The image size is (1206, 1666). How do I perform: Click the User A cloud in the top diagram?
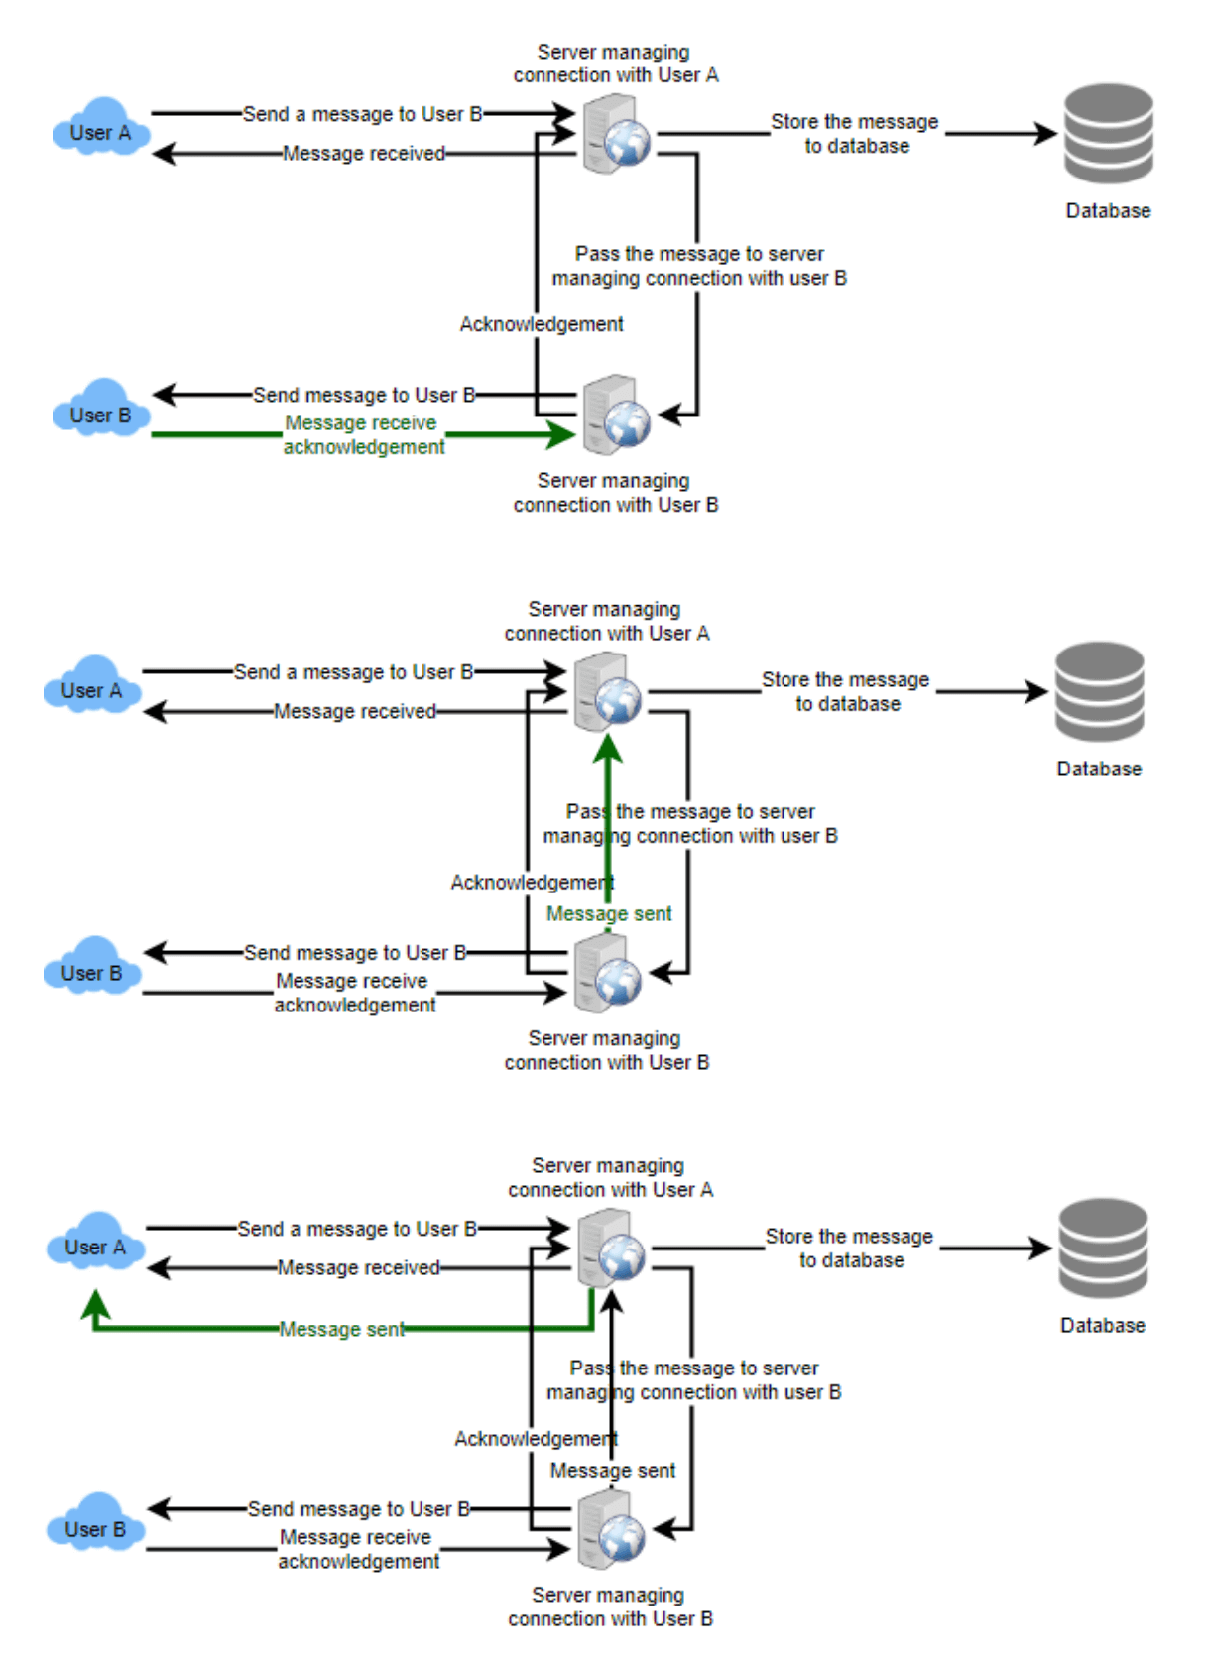coord(100,130)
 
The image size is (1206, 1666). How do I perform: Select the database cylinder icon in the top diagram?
coord(1108,134)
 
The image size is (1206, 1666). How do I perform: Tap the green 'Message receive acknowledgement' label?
coord(363,435)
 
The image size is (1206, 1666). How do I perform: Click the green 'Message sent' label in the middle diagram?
coord(609,914)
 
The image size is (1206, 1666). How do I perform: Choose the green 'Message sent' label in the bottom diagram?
coord(341,1329)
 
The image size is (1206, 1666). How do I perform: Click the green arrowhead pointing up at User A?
coord(95,1302)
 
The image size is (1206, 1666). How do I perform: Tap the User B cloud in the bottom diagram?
coord(95,1528)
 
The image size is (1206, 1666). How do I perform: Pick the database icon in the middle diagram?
coord(1099,692)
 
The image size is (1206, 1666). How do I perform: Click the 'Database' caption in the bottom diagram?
coord(1102,1326)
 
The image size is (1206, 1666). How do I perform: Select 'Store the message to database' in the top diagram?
coord(855,134)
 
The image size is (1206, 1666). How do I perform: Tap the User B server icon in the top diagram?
coord(616,415)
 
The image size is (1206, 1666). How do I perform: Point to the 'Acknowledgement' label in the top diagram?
coord(542,324)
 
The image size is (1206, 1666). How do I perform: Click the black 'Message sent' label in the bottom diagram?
coord(613,1471)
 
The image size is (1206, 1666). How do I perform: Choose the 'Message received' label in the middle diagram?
coord(355,712)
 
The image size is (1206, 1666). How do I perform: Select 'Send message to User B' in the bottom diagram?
coord(358,1509)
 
